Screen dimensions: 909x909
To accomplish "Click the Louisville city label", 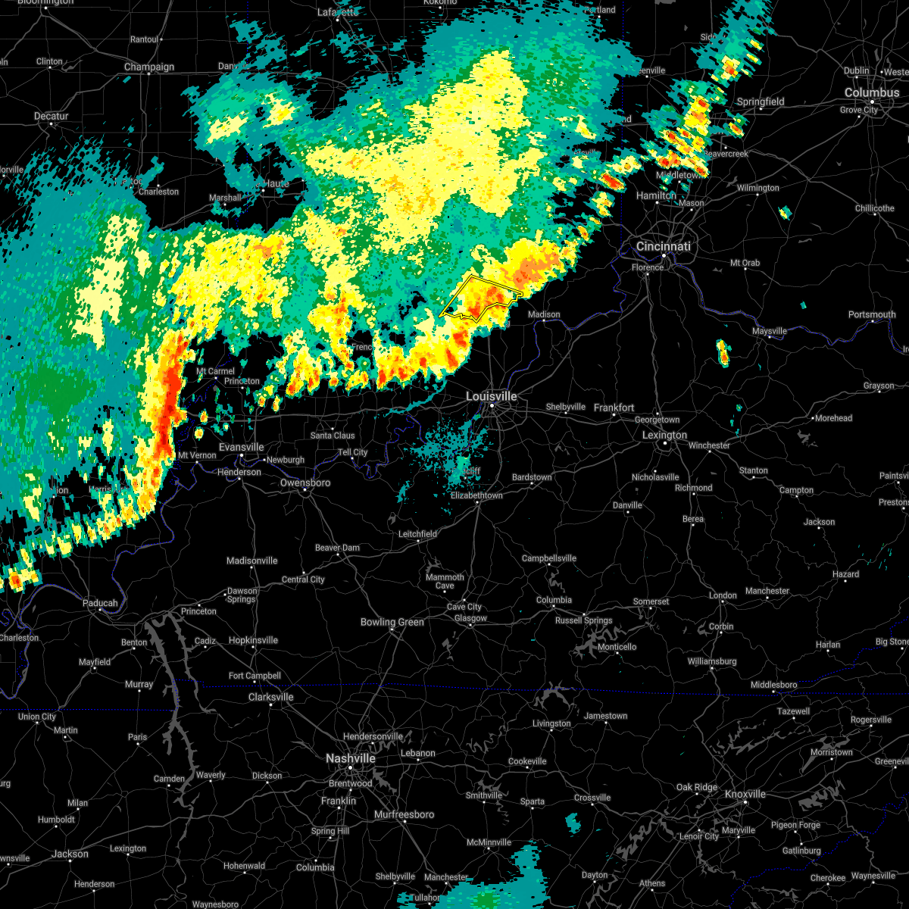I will pyautogui.click(x=491, y=396).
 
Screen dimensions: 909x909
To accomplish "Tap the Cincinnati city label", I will pyautogui.click(x=663, y=247).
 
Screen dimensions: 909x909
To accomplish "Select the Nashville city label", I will pyautogui.click(x=350, y=758).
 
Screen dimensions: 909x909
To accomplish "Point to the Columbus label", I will pyautogui.click(x=872, y=92).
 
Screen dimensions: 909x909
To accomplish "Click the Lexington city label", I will pyautogui.click(x=664, y=436).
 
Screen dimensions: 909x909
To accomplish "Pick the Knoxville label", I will pyautogui.click(x=745, y=794).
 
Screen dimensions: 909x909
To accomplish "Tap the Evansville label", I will pyautogui.click(x=241, y=448).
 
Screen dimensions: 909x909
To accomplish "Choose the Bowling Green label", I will pyautogui.click(x=392, y=623).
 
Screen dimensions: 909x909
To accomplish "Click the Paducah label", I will pyautogui.click(x=100, y=604).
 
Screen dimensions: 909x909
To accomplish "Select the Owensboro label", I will pyautogui.click(x=305, y=483).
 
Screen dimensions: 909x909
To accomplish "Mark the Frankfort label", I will pyautogui.click(x=614, y=408).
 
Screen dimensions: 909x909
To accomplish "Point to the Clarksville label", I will pyautogui.click(x=270, y=697).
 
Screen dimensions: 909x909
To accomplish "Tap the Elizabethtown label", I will pyautogui.click(x=476, y=495).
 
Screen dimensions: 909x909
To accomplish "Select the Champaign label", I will pyautogui.click(x=149, y=67).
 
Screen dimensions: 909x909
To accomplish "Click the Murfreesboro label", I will pyautogui.click(x=405, y=815).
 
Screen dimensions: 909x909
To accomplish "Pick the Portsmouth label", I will pyautogui.click(x=871, y=314).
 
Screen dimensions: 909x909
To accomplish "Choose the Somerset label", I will pyautogui.click(x=651, y=602).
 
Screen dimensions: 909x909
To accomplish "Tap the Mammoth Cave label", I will pyautogui.click(x=445, y=581).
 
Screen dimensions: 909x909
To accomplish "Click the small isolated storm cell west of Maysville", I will pyautogui.click(x=723, y=352).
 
